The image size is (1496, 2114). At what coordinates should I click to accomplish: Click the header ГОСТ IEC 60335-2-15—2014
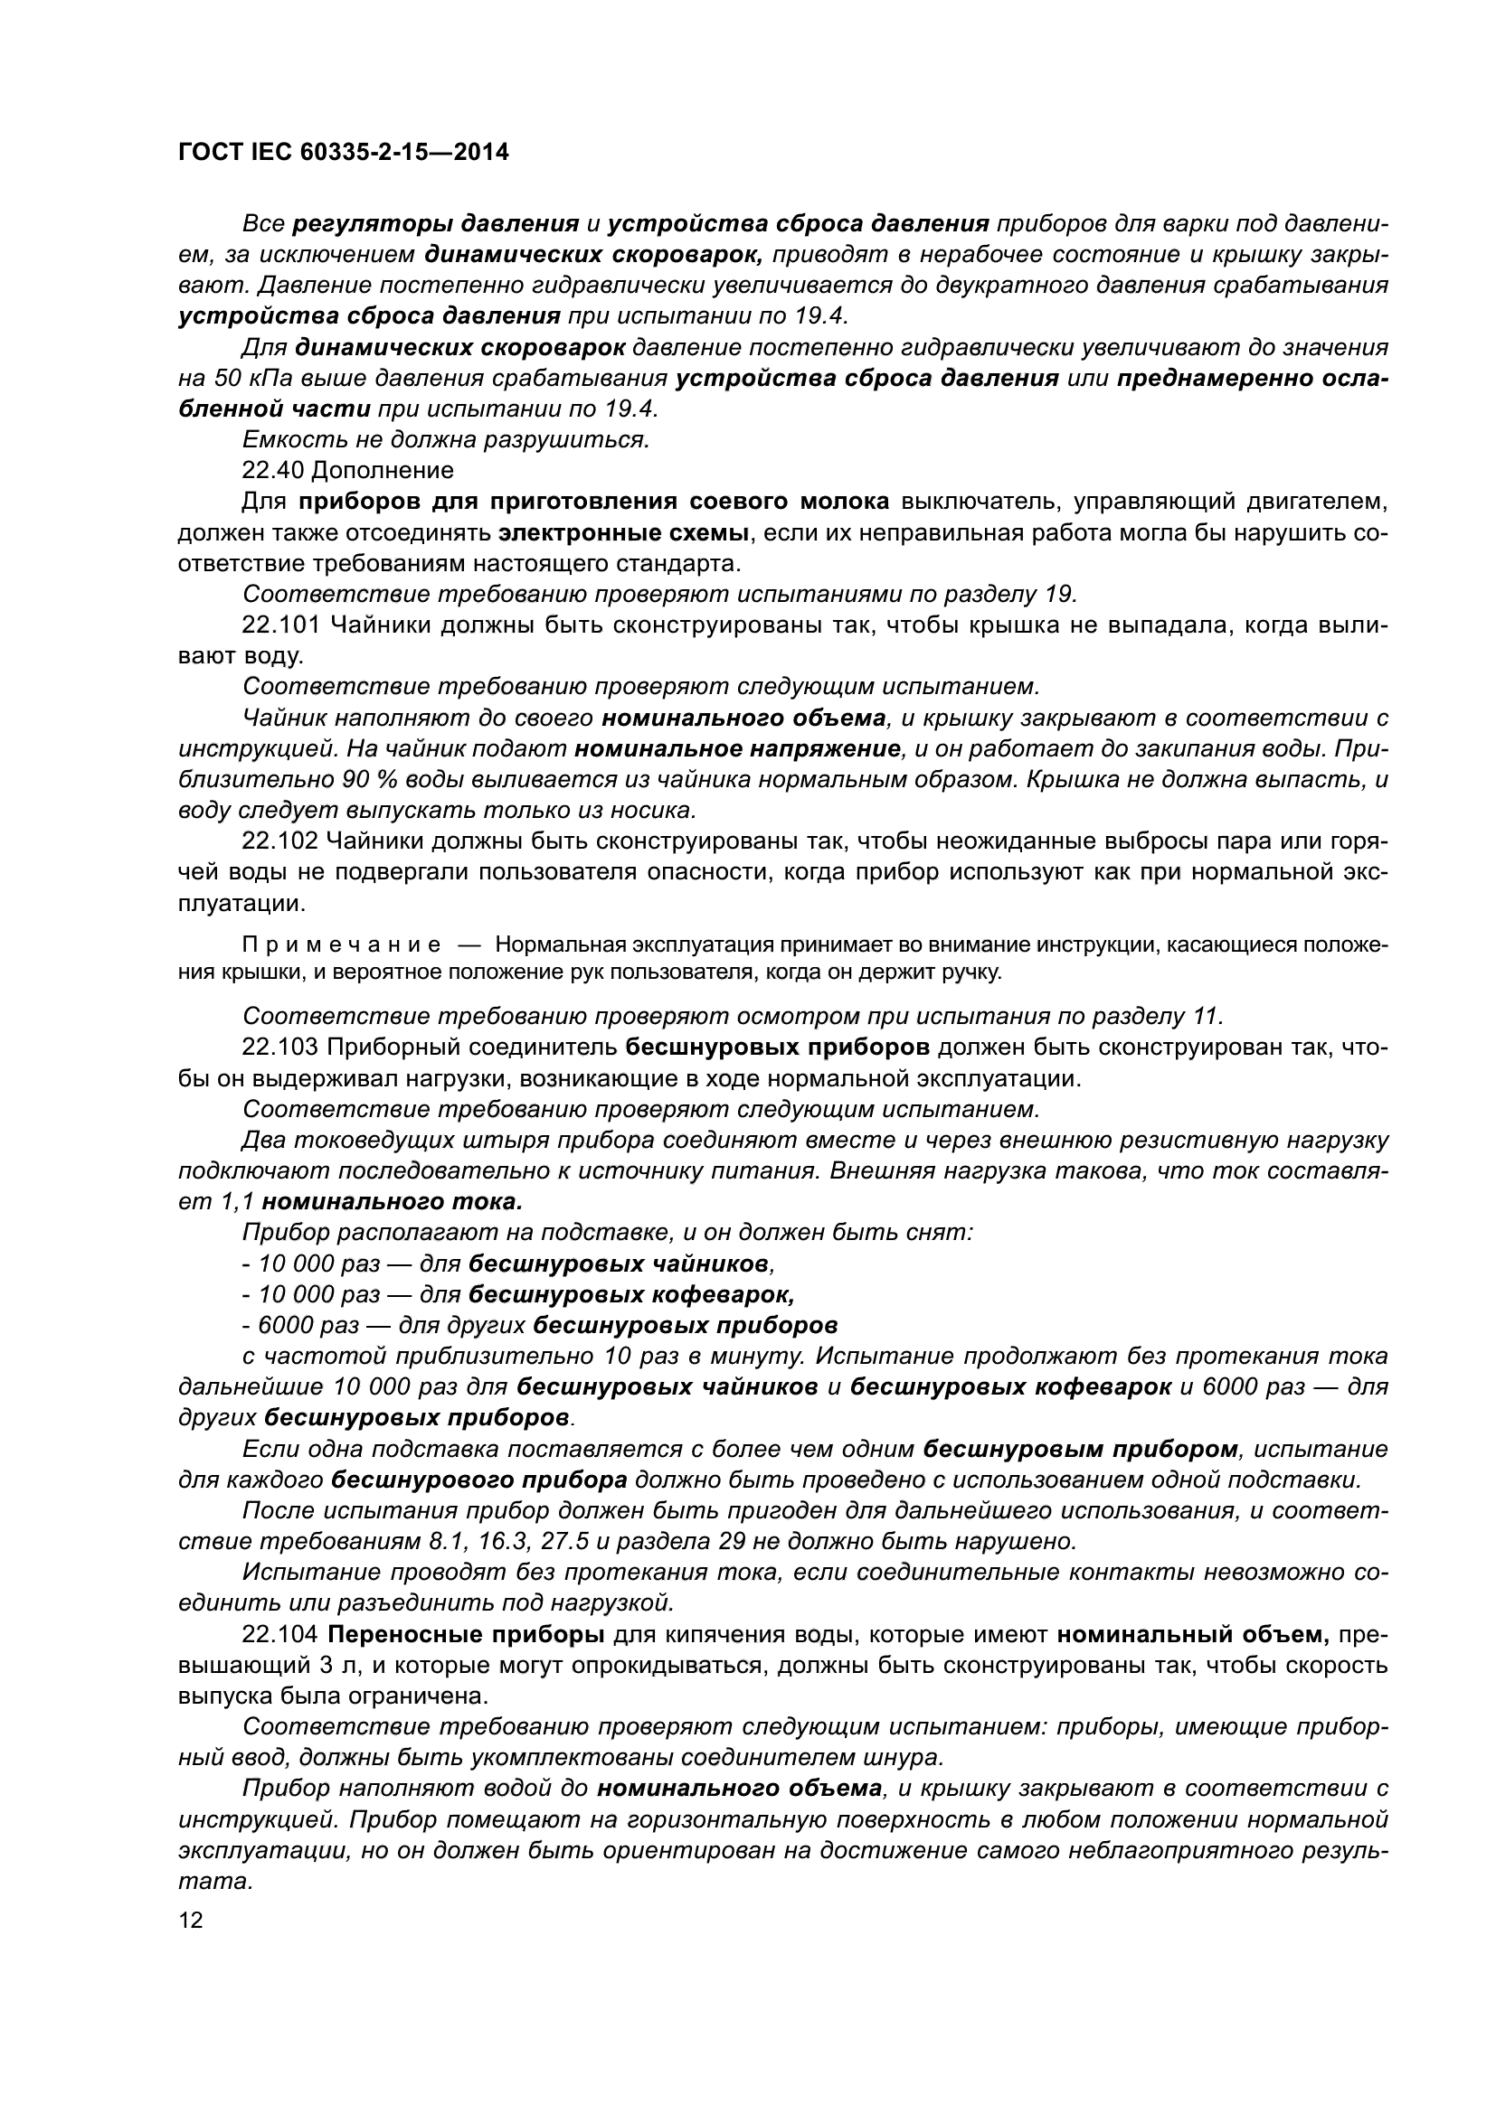(343, 153)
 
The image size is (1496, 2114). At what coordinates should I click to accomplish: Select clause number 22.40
(275, 471)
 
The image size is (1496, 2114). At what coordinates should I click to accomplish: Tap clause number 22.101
(281, 625)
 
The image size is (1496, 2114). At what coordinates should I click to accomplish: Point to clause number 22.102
(280, 841)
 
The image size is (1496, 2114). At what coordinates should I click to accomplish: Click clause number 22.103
(280, 1047)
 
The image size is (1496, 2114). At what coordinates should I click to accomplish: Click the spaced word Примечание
(341, 945)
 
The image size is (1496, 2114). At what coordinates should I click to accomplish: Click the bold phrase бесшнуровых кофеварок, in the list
(631, 1294)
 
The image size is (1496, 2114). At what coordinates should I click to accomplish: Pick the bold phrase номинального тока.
(393, 1202)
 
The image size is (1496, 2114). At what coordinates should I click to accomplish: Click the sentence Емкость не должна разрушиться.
(446, 440)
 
